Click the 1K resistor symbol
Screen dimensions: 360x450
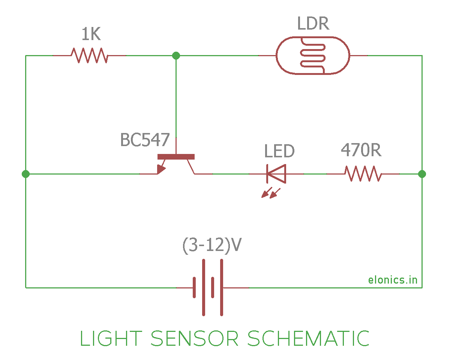pos(89,55)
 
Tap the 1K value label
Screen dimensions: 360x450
pos(91,35)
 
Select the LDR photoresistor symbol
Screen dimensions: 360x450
pos(313,55)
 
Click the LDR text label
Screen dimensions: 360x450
pos(313,24)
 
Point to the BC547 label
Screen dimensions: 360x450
pos(145,140)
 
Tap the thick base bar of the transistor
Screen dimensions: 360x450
pos(176,157)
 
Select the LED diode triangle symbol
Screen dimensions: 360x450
pos(276,174)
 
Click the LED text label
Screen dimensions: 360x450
pos(279,151)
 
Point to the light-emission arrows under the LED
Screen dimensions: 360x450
pos(271,193)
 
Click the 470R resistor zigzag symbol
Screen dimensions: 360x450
pos(363,174)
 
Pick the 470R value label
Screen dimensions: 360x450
pos(361,151)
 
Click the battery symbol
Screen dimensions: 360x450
pos(208,287)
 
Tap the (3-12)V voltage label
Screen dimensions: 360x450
pos(212,246)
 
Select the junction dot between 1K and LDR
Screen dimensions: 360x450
pos(176,55)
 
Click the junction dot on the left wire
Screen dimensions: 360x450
pos(25,174)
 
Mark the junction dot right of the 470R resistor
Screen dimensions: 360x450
pos(422,174)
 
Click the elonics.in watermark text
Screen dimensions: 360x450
pos(393,280)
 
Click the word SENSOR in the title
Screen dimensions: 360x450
pos(194,339)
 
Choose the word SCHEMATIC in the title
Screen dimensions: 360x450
pos(308,339)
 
